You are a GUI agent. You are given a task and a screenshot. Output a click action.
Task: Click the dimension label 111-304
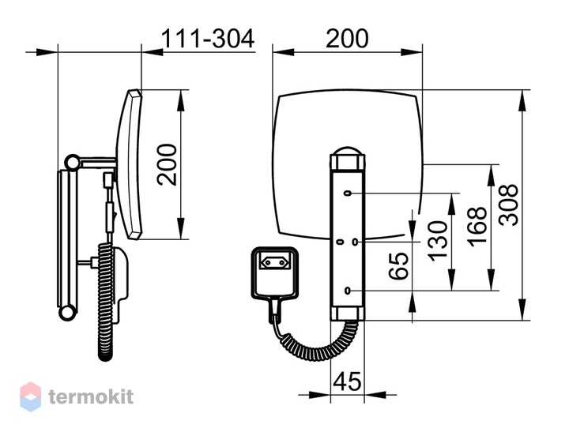pos(208,39)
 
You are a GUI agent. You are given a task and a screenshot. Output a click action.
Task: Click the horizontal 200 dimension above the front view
pos(347,39)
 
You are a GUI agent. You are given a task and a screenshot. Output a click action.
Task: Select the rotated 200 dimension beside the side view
pos(168,165)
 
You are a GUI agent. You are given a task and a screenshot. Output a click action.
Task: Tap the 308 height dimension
pos(508,205)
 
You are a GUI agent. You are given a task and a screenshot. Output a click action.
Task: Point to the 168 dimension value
pos(477,227)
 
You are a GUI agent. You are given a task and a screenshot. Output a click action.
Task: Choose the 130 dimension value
pos(437,241)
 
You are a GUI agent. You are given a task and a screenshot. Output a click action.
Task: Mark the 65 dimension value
pos(398,266)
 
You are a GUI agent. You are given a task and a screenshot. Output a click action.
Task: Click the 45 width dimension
pos(347,381)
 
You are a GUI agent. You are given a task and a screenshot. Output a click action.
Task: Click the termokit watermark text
pos(91,396)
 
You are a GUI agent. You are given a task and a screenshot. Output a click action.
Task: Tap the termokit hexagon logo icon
pos(31,396)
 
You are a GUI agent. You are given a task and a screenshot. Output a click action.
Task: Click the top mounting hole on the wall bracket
pos(348,193)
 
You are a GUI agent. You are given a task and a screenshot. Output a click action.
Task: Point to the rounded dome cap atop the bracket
pos(348,151)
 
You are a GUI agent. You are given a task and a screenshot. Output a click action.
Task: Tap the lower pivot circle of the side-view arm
pos(66,313)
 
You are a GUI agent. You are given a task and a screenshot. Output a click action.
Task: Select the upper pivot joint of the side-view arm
pos(73,162)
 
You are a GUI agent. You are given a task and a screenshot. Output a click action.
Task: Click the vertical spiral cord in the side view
pos(106,301)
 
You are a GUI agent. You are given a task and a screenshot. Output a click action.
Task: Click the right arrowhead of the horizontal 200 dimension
pos(412,52)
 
